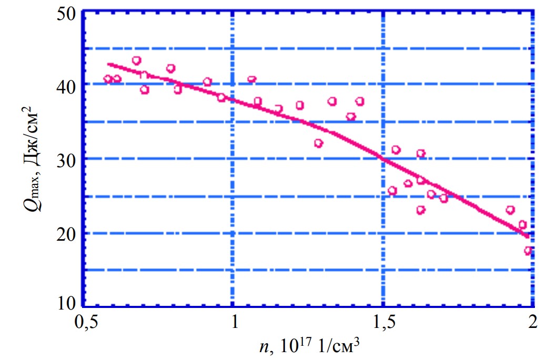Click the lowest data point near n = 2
click(x=528, y=251)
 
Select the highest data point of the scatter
click(x=137, y=60)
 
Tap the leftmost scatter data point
click(x=108, y=79)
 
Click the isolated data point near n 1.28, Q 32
click(x=318, y=143)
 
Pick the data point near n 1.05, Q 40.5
click(x=251, y=80)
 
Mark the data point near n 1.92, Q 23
click(x=510, y=210)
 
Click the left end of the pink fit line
click(x=108, y=64)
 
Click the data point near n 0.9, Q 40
click(x=207, y=82)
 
